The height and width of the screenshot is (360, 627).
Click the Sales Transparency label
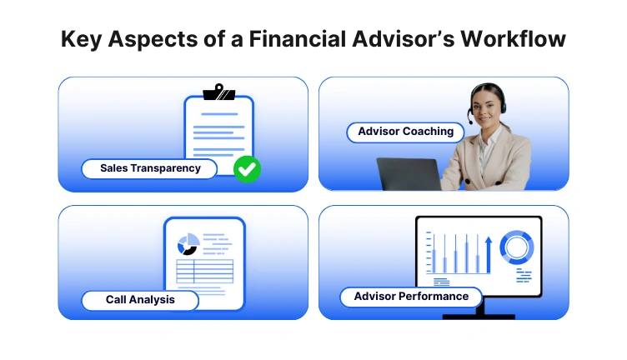(150, 168)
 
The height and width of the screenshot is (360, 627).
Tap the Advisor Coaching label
(405, 132)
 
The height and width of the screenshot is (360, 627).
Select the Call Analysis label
(139, 299)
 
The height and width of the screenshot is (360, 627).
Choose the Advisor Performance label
(411, 297)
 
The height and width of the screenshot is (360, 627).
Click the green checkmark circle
(246, 168)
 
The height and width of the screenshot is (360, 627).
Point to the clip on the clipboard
(218, 92)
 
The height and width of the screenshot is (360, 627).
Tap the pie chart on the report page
(188, 244)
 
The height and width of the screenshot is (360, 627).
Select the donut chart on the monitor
(517, 247)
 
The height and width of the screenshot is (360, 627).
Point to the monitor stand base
(478, 316)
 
